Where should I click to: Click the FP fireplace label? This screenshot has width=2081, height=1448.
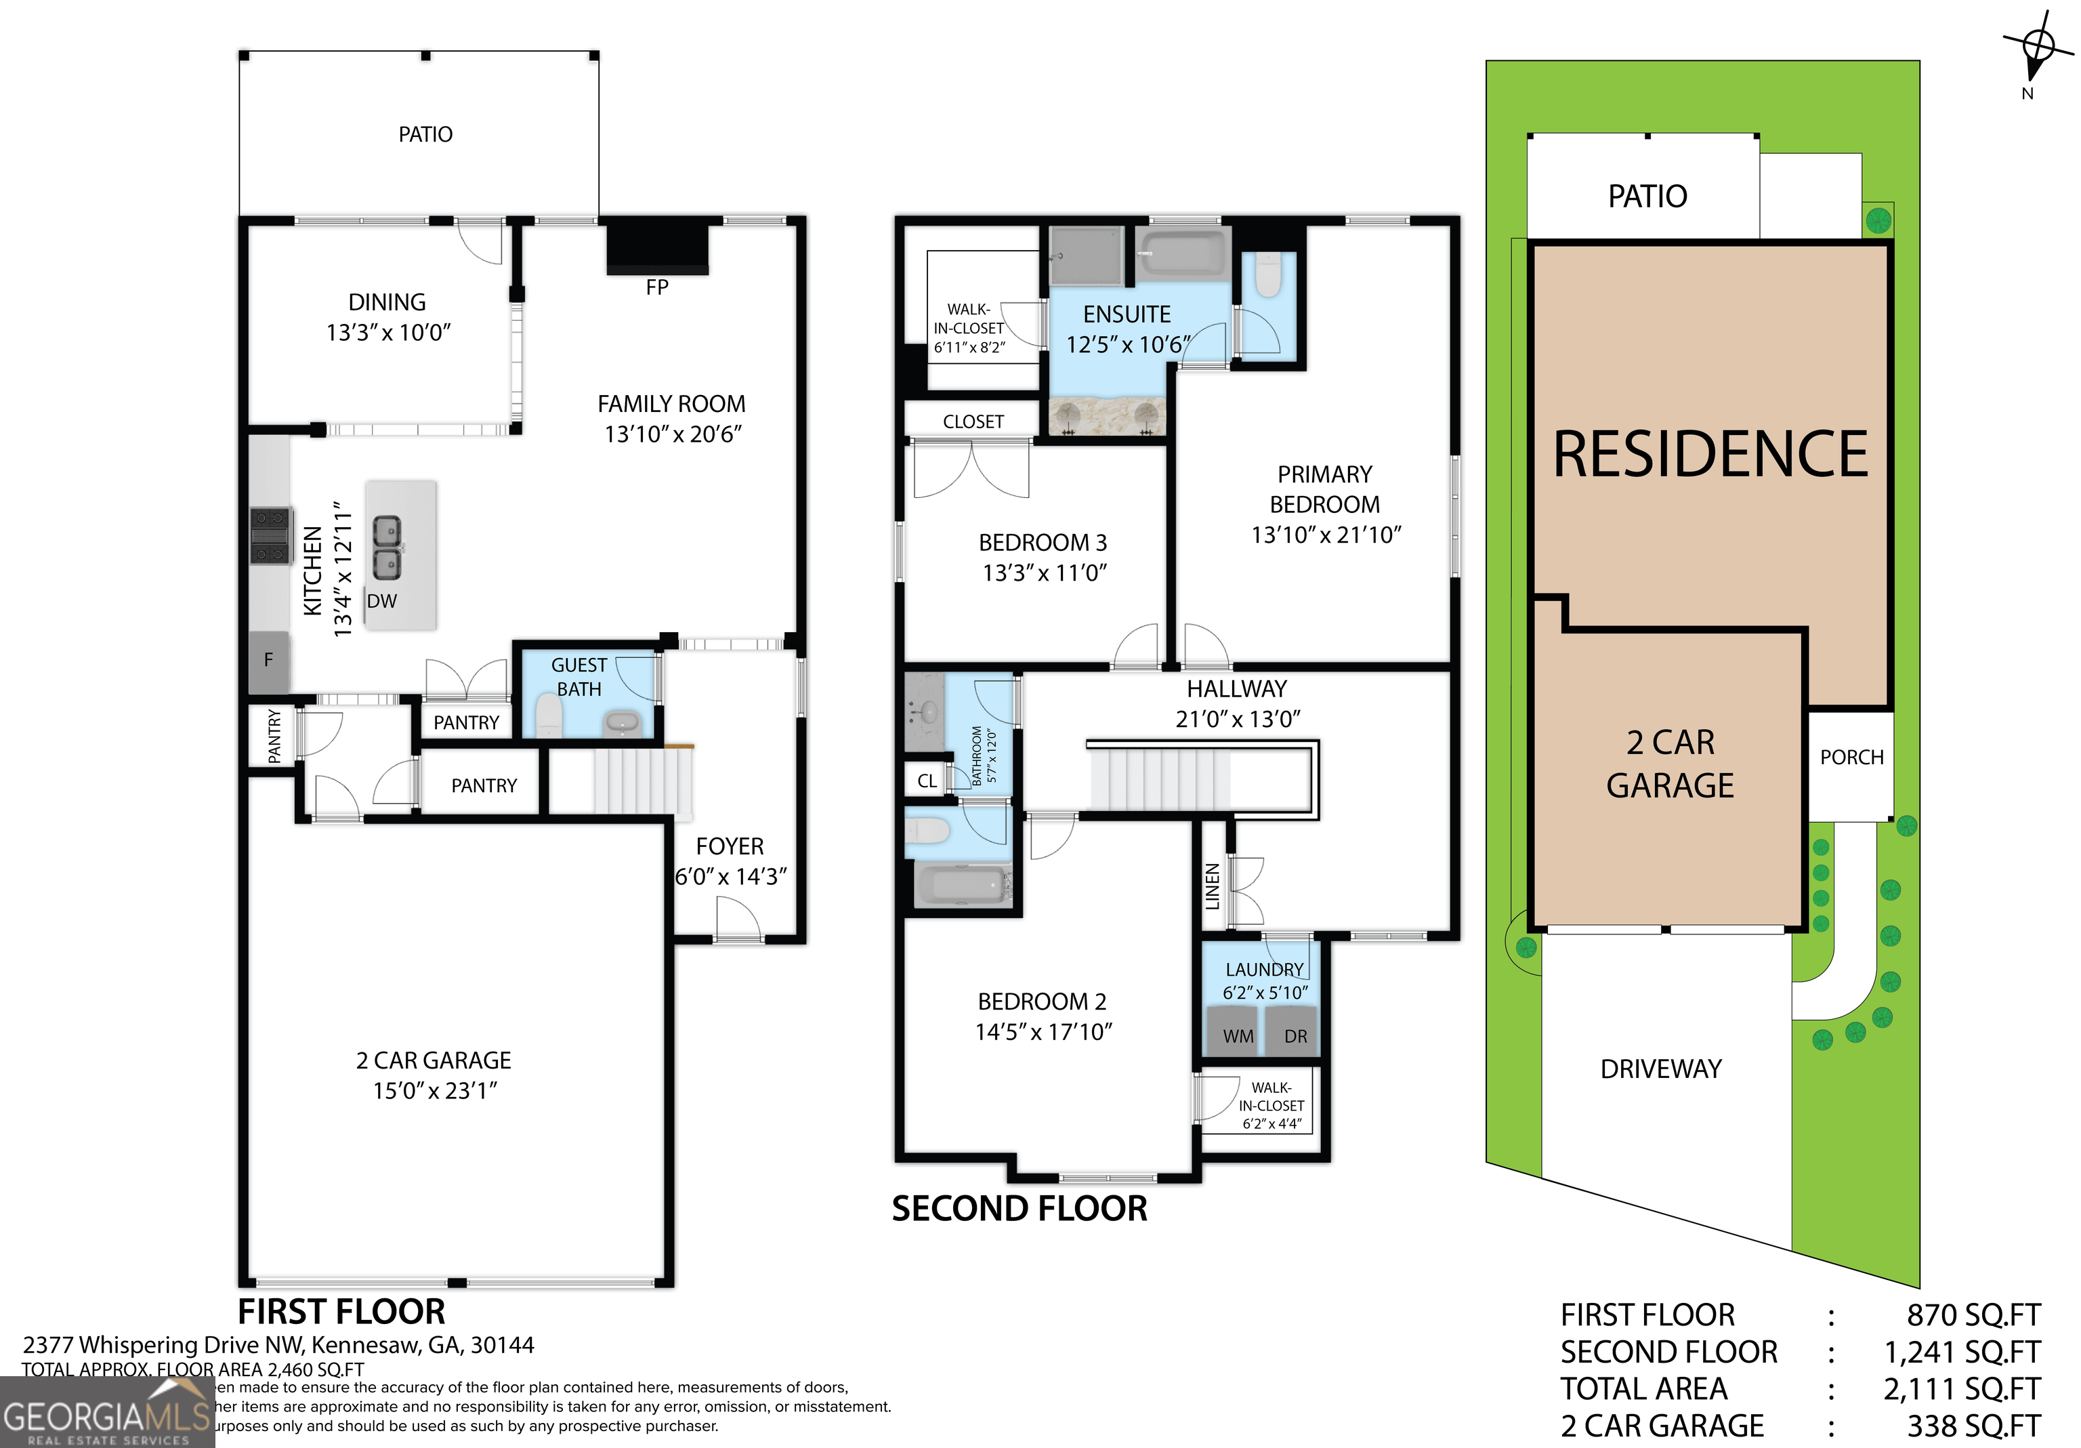tap(657, 287)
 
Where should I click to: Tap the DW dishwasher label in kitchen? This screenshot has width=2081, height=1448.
tap(381, 601)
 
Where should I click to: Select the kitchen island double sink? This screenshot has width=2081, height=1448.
tap(387, 549)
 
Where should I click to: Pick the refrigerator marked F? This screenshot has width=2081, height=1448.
tap(269, 660)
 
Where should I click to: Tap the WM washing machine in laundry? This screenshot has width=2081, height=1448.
tap(1238, 1035)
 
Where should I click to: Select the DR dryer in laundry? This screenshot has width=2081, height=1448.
tap(1295, 1035)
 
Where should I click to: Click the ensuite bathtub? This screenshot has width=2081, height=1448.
tap(1183, 251)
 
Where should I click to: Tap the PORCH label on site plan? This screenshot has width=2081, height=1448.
tap(1851, 757)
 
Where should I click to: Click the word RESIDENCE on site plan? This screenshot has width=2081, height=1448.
tap(1710, 455)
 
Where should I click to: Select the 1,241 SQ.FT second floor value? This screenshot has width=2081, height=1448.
tap(1961, 1352)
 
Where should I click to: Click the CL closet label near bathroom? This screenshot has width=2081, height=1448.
tap(926, 781)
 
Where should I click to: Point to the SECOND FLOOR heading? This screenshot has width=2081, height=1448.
tap(1019, 1209)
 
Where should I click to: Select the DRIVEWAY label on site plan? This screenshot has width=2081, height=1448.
tap(1660, 1069)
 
